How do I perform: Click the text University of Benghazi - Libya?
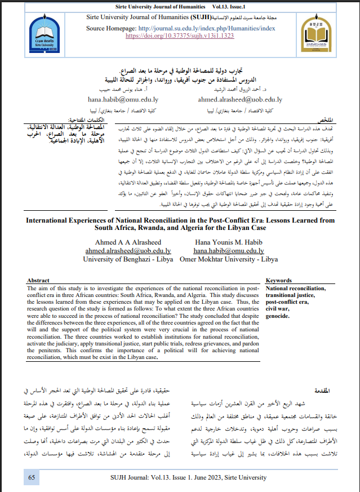click(x=128, y=259)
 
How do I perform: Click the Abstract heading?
click(x=38, y=280)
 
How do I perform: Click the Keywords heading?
click(x=278, y=280)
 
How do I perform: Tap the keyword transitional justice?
click(x=291, y=294)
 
